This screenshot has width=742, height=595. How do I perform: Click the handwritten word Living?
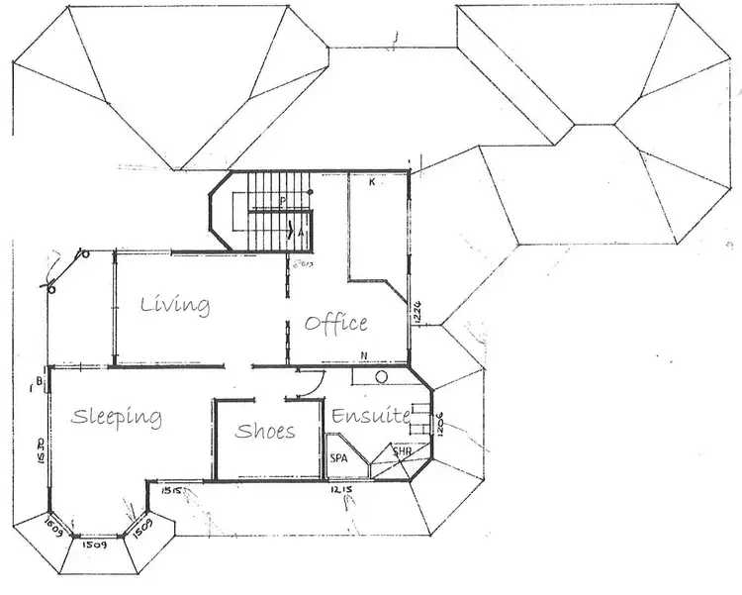[174, 304]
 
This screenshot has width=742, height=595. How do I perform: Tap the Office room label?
[336, 323]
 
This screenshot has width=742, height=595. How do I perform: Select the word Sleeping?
[116, 417]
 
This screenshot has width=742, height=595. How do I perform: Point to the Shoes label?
[265, 431]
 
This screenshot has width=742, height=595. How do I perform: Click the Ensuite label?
[370, 417]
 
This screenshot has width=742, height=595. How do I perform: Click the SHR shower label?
[402, 453]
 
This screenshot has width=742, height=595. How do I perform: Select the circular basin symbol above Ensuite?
[381, 377]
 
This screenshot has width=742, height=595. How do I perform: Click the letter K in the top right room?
[372, 183]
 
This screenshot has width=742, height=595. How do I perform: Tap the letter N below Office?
[364, 355]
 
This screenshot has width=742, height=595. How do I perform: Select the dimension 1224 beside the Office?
[418, 312]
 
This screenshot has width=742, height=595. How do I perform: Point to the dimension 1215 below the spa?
[342, 490]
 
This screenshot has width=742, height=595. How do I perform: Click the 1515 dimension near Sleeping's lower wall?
[165, 490]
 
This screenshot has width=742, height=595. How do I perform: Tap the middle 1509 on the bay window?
[94, 545]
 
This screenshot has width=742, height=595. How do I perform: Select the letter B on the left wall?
[38, 381]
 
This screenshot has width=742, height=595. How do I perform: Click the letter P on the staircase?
[282, 201]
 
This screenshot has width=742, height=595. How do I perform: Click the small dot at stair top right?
[311, 191]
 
